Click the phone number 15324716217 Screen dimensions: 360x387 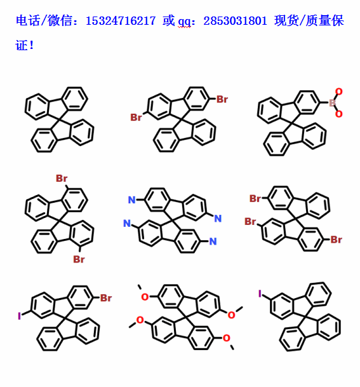coord(121,21)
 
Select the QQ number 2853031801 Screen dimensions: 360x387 coord(235,21)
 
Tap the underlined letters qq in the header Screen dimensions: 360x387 coord(184,22)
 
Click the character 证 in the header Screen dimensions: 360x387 coord(21,45)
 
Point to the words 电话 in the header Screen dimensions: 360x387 coord(27,20)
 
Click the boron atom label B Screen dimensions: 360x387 coord(332,103)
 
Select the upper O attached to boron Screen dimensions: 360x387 coord(339,92)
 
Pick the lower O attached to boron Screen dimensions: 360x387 coord(339,114)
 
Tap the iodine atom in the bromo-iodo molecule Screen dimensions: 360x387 coord(19,316)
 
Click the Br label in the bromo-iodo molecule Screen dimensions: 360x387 coord(106,298)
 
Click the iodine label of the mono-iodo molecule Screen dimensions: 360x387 coord(260,294)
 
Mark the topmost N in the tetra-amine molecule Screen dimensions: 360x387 coord(131,200)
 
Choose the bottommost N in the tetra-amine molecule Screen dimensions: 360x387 coord(213,241)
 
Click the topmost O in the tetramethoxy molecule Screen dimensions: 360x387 coord(145,297)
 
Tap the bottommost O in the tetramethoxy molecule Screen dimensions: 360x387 coord(227,338)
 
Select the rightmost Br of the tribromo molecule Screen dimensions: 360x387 coord(336,240)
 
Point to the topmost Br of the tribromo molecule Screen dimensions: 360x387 coord(255,198)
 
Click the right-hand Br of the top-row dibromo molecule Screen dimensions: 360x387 coord(222,99)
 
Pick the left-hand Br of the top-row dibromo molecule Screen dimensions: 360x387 coord(136,117)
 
